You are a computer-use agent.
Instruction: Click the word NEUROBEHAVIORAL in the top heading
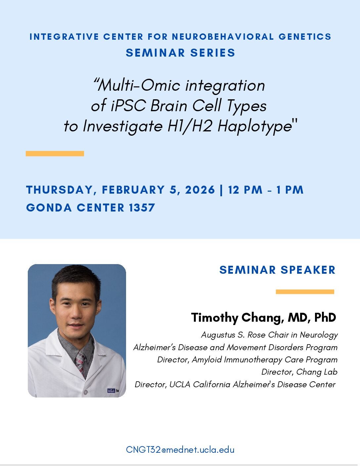click(223, 37)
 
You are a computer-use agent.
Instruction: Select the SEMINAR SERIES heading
click(180, 53)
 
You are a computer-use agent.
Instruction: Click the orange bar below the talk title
click(55, 154)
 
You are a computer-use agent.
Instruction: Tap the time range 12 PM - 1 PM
click(266, 190)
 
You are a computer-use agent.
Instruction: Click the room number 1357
click(142, 208)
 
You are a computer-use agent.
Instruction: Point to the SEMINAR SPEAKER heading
click(277, 270)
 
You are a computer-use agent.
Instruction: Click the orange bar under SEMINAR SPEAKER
click(305, 292)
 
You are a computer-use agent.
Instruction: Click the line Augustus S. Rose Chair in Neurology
click(269, 335)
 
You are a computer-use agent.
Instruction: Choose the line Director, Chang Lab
click(299, 372)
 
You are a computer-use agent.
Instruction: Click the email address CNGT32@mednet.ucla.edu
click(180, 450)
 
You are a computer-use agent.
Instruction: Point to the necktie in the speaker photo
click(80, 362)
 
